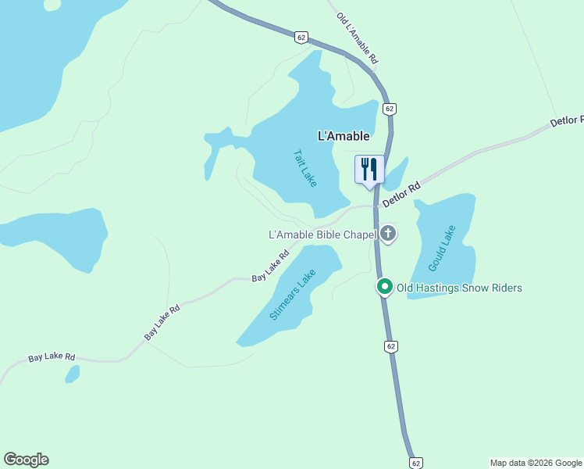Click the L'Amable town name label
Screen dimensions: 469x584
[x=344, y=136]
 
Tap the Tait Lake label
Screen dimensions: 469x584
[x=304, y=168]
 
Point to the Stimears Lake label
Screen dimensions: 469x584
[x=292, y=295]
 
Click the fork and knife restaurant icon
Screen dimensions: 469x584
[x=369, y=169]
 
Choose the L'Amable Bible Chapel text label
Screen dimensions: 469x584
[x=322, y=234]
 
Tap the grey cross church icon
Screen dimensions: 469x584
[x=388, y=234]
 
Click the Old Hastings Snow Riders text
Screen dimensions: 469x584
[x=459, y=288]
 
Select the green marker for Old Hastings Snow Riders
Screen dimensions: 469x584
[x=384, y=288]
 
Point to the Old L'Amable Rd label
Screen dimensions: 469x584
[x=358, y=38]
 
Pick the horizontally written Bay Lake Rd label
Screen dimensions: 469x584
[x=52, y=357]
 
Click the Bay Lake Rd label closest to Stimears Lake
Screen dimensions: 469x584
[x=271, y=267]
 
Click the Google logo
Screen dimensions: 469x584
[x=26, y=460]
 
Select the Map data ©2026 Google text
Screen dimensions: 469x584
[x=536, y=463]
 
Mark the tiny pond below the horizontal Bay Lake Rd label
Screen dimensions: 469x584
[x=72, y=374]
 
